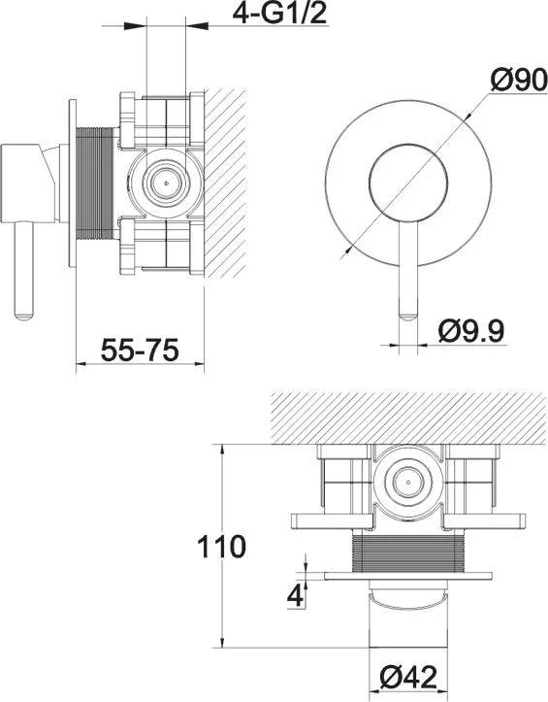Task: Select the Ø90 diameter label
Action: [x=519, y=81]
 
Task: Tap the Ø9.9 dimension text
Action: [x=471, y=331]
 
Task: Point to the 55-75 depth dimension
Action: [x=140, y=350]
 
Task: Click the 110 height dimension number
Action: [x=222, y=547]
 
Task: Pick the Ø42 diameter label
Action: [x=407, y=678]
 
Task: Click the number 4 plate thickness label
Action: [x=295, y=596]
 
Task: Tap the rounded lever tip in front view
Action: [x=408, y=318]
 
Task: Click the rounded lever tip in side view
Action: [x=23, y=316]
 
